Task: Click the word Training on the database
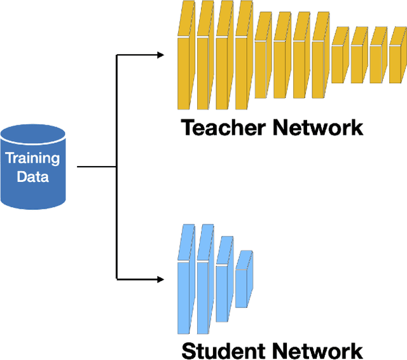32,159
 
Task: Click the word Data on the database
32,176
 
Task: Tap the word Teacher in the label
223,127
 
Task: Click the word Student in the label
223,350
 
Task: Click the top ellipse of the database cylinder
33,135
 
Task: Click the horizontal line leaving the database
95,167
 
